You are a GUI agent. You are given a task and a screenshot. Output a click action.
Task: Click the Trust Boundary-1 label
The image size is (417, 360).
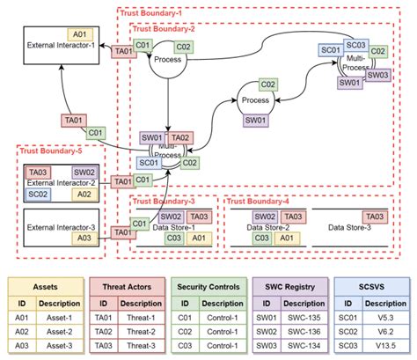pyautogui.click(x=151, y=14)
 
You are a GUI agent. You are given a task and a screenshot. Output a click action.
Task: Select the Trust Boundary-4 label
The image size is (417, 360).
pyautogui.click(x=259, y=202)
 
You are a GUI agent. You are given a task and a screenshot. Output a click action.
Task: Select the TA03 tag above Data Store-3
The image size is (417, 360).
pyautogui.click(x=374, y=217)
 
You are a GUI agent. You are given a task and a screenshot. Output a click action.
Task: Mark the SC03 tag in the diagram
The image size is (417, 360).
pyautogui.click(x=355, y=45)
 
